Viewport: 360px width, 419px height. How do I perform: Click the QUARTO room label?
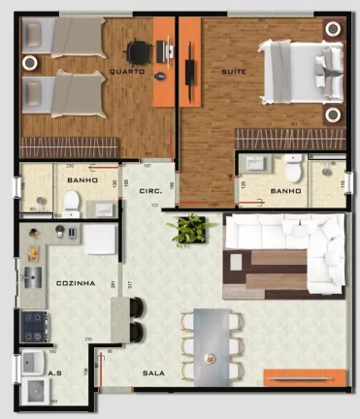point(128,73)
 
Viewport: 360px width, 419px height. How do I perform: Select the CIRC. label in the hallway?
point(151,192)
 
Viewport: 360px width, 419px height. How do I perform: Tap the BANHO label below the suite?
point(286,192)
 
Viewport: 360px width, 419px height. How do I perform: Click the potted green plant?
point(192,230)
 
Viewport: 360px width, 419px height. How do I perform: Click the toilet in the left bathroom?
point(71,201)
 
